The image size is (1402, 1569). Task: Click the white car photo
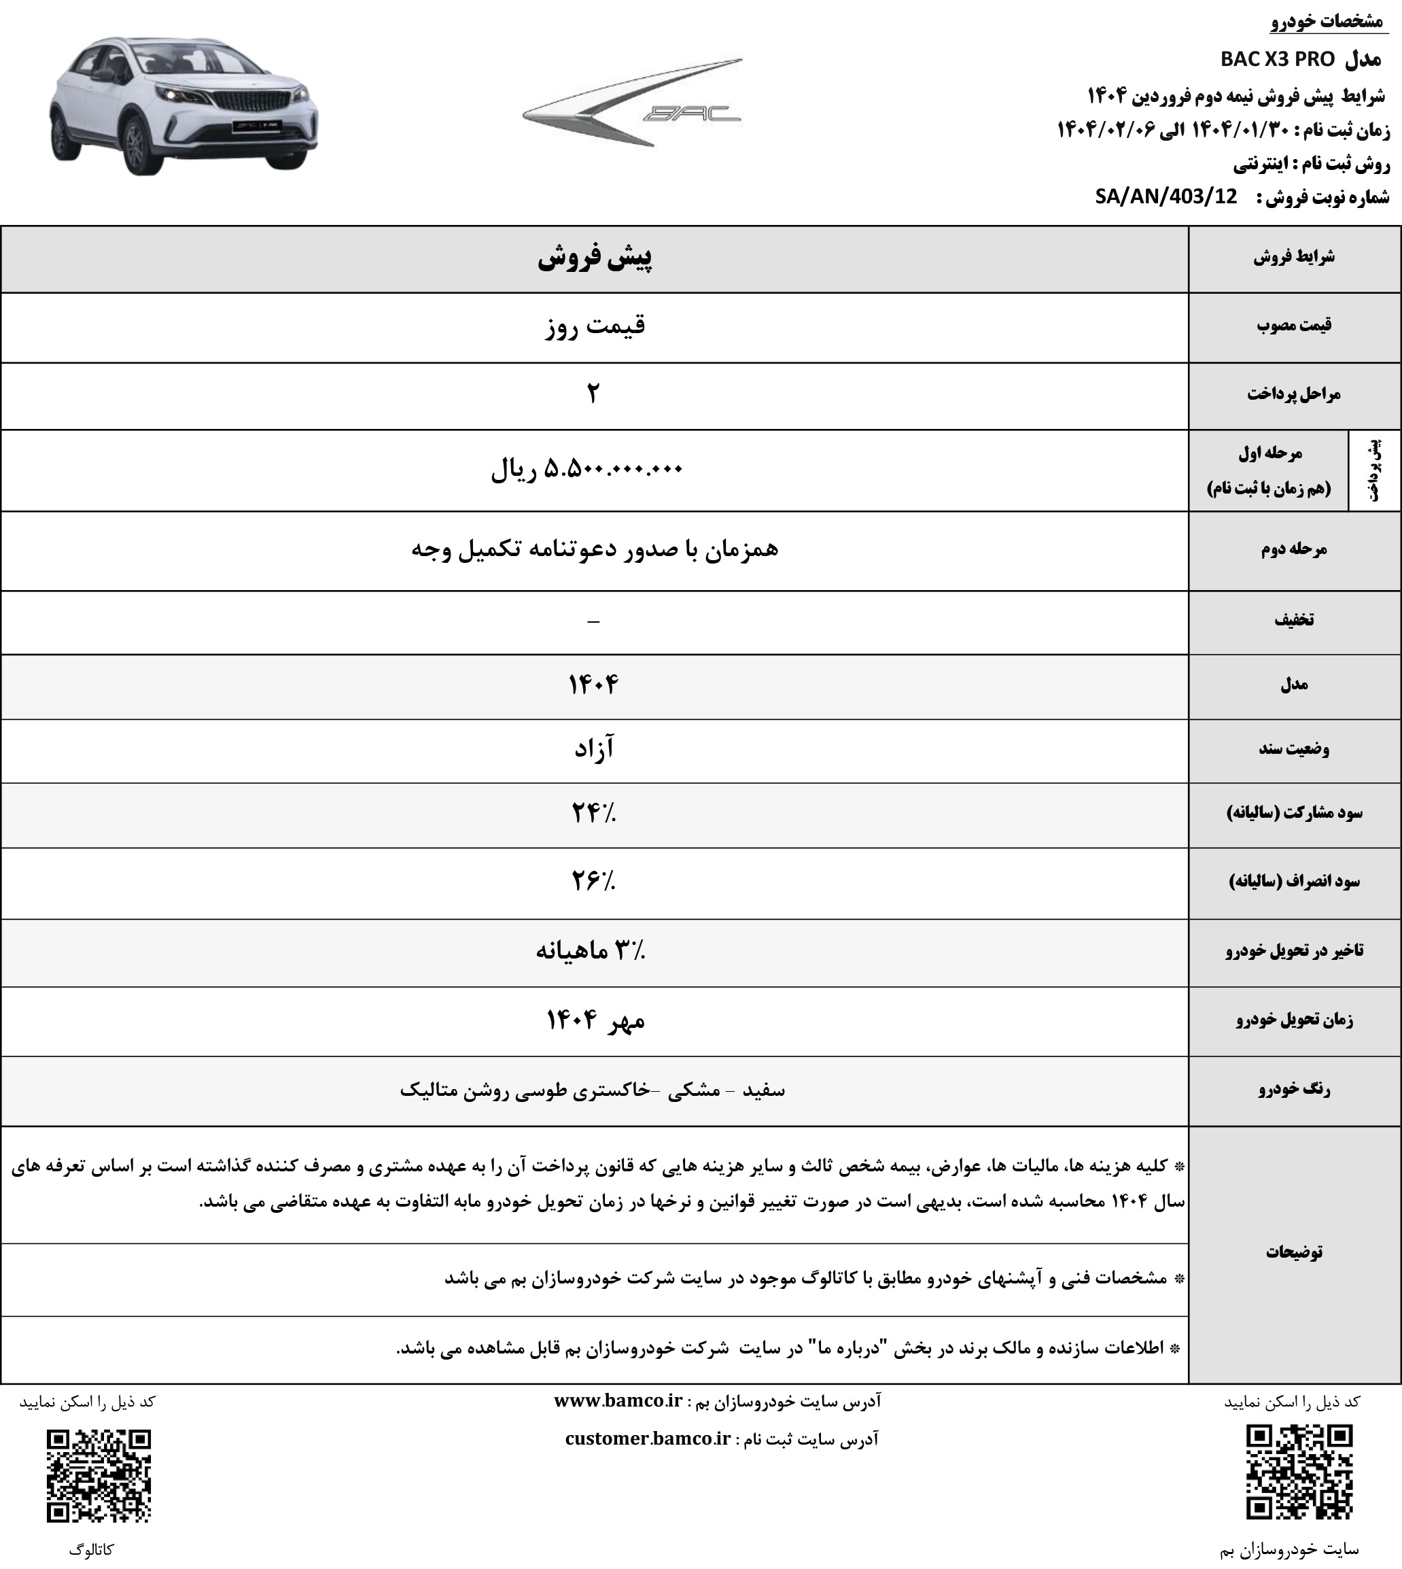(183, 105)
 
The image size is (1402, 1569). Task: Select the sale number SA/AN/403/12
(1166, 197)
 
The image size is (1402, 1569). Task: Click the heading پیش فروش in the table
(594, 259)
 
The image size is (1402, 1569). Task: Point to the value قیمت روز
(594, 327)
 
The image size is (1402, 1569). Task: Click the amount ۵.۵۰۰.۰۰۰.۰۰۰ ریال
(587, 469)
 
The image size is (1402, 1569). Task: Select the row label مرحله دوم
(1293, 550)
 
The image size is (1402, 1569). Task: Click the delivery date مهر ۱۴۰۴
(595, 1020)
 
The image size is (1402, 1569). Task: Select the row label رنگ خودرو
(1293, 1090)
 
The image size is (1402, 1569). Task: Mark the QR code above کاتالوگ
(99, 1477)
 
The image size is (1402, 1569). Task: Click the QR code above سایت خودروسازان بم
(1299, 1472)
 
